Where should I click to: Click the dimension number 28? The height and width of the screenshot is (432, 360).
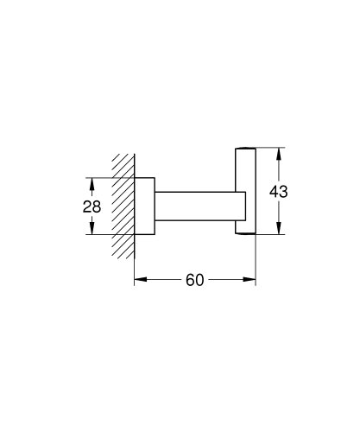pyautogui.click(x=92, y=206)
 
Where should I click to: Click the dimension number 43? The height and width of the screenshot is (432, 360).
pyautogui.click(x=278, y=191)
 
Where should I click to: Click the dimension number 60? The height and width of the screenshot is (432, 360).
pyautogui.click(x=194, y=281)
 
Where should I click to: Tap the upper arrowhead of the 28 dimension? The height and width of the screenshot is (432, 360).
pyautogui.click(x=92, y=182)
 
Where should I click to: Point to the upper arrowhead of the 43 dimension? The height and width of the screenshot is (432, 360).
pyautogui.click(x=278, y=153)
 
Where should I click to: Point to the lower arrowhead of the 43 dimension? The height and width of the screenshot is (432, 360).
pyautogui.click(x=278, y=229)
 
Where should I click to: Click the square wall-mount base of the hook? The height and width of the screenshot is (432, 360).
pyautogui.click(x=144, y=206)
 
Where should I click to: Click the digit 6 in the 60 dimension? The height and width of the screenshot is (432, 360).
pyautogui.click(x=189, y=281)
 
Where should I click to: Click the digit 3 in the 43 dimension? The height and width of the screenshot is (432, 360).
pyautogui.click(x=283, y=191)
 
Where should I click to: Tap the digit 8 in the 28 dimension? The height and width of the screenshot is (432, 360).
pyautogui.click(x=97, y=206)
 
